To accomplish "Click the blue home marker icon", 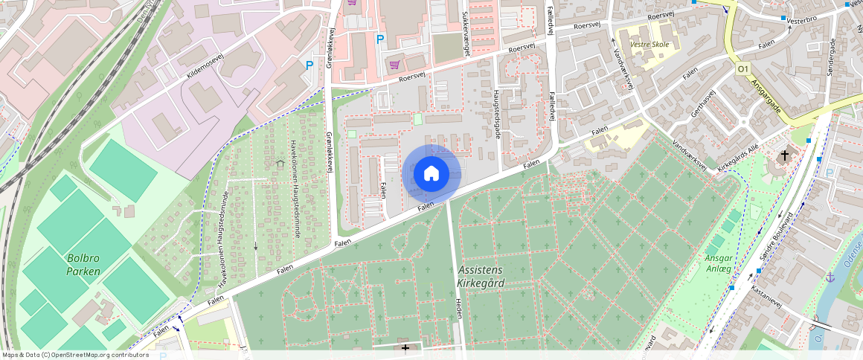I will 431,174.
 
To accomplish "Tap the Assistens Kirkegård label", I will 480,276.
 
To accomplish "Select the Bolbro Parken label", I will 83,265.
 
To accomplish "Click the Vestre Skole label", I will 649,44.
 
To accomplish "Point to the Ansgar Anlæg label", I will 719,263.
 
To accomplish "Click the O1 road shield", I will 742,68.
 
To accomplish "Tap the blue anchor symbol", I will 830,277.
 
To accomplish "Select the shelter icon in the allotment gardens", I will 280,163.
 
